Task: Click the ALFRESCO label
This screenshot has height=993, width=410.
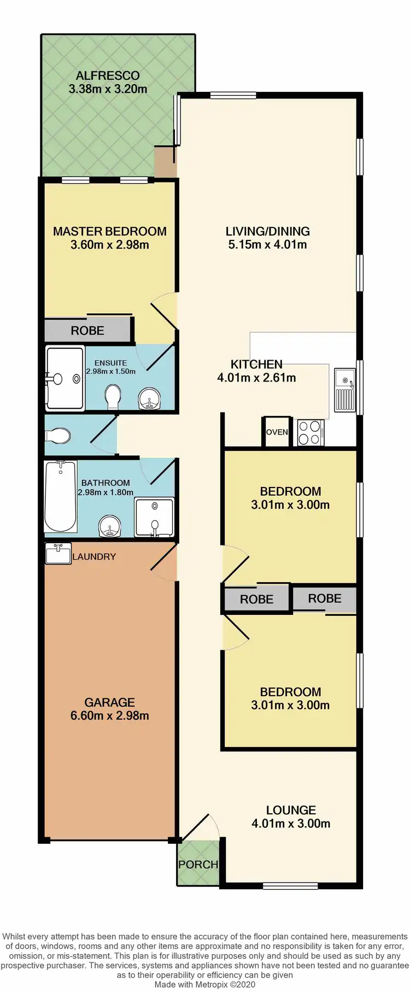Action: tap(108, 76)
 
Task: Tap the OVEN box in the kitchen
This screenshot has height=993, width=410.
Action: tap(277, 432)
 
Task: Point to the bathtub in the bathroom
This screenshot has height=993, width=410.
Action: tap(61, 496)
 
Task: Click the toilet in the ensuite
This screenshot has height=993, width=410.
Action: tap(113, 396)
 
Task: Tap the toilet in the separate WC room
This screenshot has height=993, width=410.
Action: tap(58, 436)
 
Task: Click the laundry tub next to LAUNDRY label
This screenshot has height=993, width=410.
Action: tap(58, 554)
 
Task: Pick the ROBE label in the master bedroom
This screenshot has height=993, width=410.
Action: tap(87, 331)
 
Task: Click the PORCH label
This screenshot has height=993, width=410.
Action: tap(198, 865)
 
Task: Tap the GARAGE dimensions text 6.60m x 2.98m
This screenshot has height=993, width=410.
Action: tap(109, 716)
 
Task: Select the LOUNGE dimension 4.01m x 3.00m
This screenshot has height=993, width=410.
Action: tap(291, 824)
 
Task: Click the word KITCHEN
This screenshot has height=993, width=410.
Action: tap(256, 365)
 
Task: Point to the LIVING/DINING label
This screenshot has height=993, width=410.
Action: tap(267, 232)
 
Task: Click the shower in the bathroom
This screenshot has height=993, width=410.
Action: tap(154, 517)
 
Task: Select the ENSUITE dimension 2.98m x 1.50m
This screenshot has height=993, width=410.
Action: tap(110, 372)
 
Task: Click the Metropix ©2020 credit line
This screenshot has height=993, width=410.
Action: tap(204, 985)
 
